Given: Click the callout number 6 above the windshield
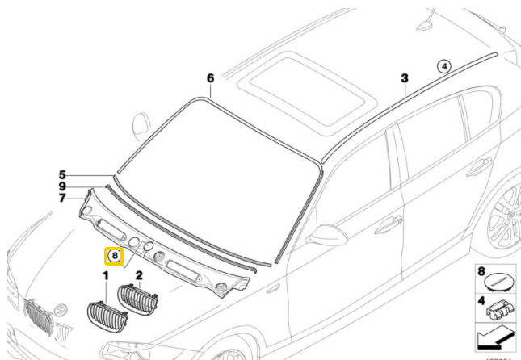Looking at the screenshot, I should (x=210, y=78).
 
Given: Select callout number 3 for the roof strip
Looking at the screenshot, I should (x=405, y=78).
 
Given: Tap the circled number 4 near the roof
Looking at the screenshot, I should (x=443, y=68).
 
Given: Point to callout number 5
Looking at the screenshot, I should (x=61, y=174).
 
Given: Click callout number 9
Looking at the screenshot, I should (x=61, y=186).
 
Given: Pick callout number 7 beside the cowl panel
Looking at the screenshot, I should (x=61, y=197).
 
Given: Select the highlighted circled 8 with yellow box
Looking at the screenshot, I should (x=114, y=257).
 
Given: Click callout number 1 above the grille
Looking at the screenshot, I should (x=105, y=276).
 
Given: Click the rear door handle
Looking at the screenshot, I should (x=478, y=167).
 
